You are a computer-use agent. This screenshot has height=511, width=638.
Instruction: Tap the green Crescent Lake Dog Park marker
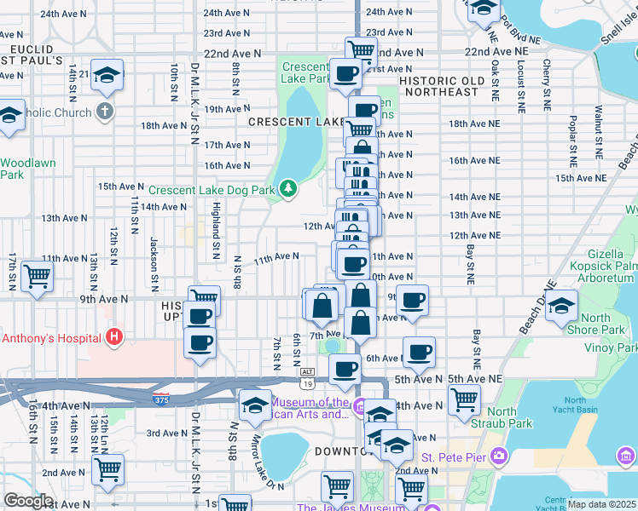pyautogui.click(x=288, y=188)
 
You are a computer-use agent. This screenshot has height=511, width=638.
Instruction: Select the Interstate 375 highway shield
pyautogui.click(x=159, y=398)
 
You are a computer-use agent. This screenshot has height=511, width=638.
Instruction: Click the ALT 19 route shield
pyautogui.click(x=308, y=372)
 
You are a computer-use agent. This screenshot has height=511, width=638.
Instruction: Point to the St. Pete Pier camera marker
pyautogui.click(x=500, y=458)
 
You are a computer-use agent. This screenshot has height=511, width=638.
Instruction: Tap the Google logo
pyautogui.click(x=28, y=501)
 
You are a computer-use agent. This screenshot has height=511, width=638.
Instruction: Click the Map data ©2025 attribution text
pyautogui.click(x=601, y=504)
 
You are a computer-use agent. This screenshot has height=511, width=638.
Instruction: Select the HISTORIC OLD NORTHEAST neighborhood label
pyautogui.click(x=439, y=86)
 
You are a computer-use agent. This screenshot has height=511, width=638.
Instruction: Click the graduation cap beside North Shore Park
pyautogui.click(x=561, y=305)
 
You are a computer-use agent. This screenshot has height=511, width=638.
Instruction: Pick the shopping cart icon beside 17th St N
pyautogui.click(x=37, y=276)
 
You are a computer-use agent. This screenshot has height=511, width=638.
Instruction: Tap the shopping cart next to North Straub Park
pyautogui.click(x=464, y=399)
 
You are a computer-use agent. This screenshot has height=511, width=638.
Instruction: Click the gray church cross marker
pyautogui.click(x=105, y=111)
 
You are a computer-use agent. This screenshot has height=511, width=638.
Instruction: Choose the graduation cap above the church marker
pyautogui.click(x=107, y=75)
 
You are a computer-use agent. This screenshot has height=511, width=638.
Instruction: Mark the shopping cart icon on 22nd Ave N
pyautogui.click(x=361, y=50)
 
